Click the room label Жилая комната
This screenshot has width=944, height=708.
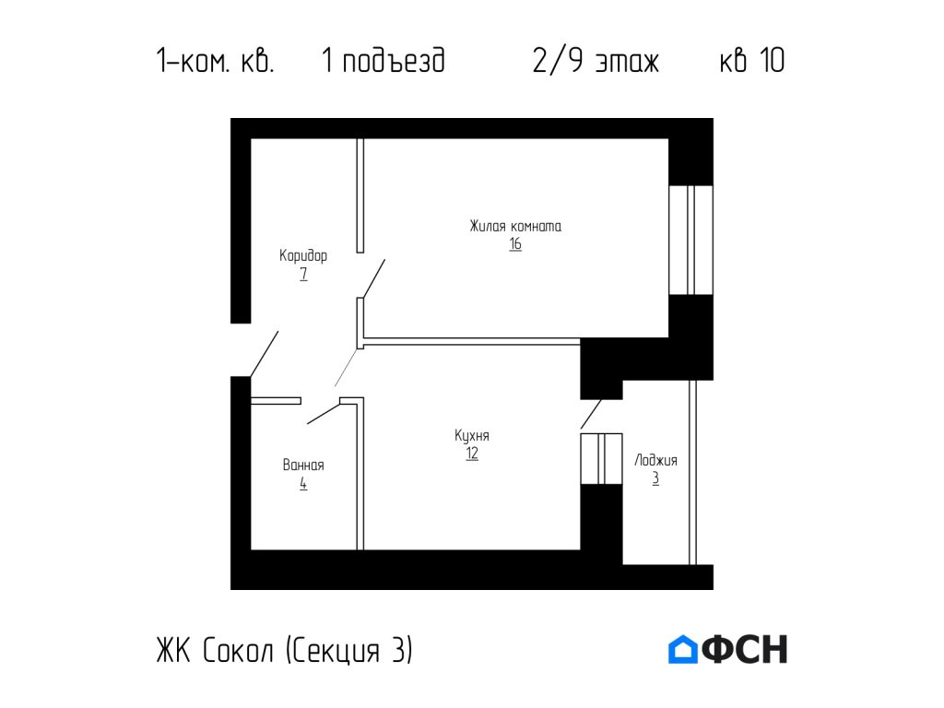514,226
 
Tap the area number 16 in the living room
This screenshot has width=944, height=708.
514,244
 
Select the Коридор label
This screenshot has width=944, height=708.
303,255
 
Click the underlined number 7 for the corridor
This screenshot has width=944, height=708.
303,274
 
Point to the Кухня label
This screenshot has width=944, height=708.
471,435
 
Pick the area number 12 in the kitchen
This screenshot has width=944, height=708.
471,454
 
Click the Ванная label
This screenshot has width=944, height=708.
303,466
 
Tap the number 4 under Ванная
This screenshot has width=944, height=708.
303,483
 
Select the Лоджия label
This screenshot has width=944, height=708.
655,460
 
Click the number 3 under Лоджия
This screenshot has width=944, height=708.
655,478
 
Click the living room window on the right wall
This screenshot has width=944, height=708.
690,240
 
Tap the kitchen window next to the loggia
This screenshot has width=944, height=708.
600,458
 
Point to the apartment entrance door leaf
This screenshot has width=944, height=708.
265,353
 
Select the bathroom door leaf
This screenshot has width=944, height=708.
324,412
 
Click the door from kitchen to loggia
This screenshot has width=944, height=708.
591,414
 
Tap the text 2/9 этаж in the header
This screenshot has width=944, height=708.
596,62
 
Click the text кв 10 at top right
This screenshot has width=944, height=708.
751,62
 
